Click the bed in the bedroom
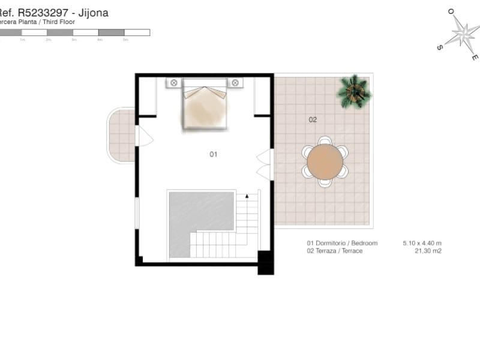(205, 107)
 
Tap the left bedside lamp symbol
(174, 83)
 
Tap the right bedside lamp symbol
(235, 83)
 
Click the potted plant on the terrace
(354, 91)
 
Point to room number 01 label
(213, 154)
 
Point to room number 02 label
(313, 119)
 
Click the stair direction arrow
(247, 196)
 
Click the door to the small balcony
(145, 136)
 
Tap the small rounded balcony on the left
(121, 135)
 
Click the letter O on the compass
(450, 11)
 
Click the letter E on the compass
(475, 58)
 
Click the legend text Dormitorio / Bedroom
(342, 243)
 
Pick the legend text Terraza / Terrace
(335, 251)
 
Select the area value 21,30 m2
(428, 251)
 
